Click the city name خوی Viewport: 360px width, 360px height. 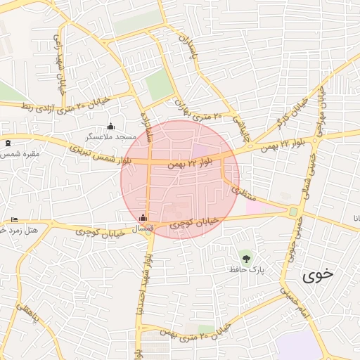click(x=318, y=275)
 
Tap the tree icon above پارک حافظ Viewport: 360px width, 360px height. click(x=245, y=259)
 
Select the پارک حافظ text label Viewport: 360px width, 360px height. click(x=245, y=269)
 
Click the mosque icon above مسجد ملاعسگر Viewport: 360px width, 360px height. click(x=110, y=127)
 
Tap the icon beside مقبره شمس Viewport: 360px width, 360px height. click(x=8, y=143)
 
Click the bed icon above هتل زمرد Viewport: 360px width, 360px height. click(x=14, y=220)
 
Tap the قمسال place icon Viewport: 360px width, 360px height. click(x=144, y=218)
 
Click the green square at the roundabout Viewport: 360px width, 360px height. click(x=293, y=212)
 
